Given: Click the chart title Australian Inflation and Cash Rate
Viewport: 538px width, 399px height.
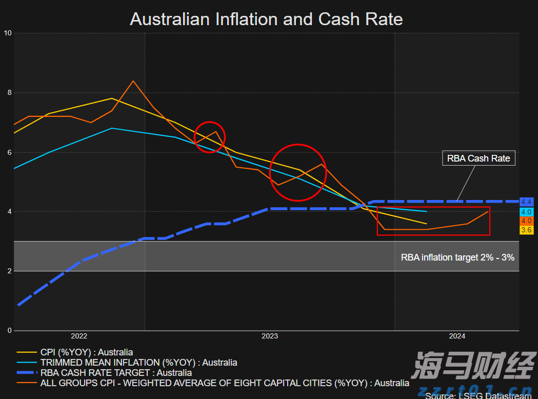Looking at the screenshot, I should [x=266, y=19].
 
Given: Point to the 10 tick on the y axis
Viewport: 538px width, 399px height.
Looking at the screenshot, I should [x=8, y=33].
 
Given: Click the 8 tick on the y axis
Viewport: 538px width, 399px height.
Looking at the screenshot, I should [x=9, y=93].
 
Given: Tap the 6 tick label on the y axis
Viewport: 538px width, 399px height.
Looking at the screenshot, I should [x=9, y=152].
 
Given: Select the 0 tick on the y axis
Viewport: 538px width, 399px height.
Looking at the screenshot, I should [x=9, y=331].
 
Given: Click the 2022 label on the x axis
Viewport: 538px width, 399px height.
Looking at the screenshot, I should [x=79, y=336].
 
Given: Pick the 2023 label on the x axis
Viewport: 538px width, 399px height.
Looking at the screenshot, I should [x=270, y=336].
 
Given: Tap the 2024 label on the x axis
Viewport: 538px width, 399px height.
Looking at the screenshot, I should [x=457, y=336].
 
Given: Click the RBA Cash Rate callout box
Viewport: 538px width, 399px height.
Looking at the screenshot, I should [x=479, y=158].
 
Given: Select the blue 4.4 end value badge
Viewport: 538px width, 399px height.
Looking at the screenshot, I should [x=526, y=202].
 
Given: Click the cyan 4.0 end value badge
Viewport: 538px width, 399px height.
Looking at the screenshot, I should [x=526, y=211].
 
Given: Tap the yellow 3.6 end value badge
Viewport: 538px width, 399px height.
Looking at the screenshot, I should [x=526, y=230].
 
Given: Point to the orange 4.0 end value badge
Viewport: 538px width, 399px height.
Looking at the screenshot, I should [x=526, y=221].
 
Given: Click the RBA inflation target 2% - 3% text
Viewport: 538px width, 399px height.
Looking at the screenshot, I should [x=457, y=257].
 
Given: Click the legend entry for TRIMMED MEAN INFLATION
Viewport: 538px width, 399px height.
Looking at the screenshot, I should [x=138, y=363].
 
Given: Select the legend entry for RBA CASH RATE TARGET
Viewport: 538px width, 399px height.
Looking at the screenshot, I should [x=116, y=373].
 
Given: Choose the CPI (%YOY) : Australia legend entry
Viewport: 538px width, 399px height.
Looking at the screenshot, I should [x=86, y=352].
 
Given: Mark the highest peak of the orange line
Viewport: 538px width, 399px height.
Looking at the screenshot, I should [x=133, y=81].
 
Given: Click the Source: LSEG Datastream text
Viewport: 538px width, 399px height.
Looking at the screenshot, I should [x=478, y=395].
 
